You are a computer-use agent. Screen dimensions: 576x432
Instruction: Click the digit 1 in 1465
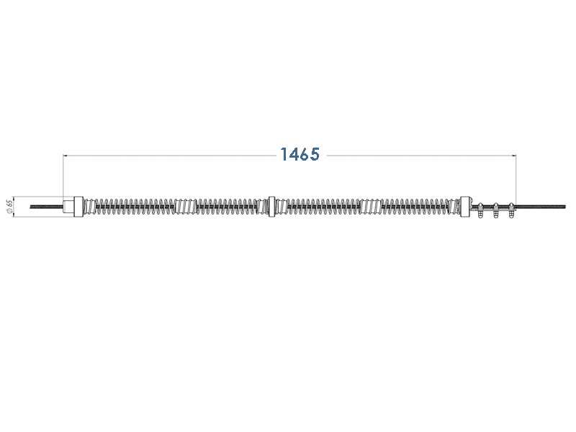pyautogui.click(x=283, y=154)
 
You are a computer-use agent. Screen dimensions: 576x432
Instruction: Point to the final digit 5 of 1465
pyautogui.click(x=315, y=154)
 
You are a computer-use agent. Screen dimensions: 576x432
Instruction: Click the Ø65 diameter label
pyautogui.click(x=9, y=206)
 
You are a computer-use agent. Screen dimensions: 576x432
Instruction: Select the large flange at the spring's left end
pyautogui.click(x=78, y=207)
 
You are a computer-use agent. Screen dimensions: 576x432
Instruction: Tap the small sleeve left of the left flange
pyautogui.click(x=68, y=207)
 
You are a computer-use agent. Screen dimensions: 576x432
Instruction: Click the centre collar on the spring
pyautogui.click(x=272, y=207)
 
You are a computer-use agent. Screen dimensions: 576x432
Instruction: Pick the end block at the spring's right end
pyautogui.click(x=465, y=207)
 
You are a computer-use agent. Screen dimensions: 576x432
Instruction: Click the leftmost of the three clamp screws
pyautogui.click(x=480, y=210)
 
